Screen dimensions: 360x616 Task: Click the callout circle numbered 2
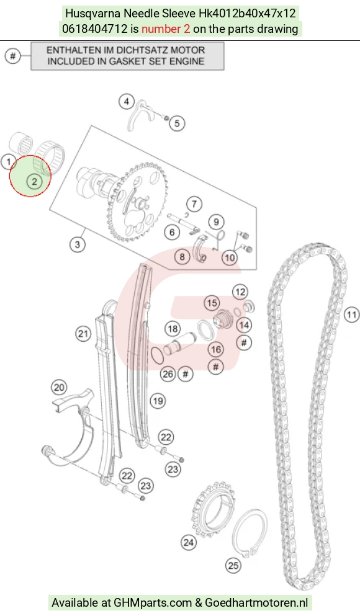35,182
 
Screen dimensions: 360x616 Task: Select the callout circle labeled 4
127,102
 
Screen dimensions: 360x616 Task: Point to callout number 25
233,565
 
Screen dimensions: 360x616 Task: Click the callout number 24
188,543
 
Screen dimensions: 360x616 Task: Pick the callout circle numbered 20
59,388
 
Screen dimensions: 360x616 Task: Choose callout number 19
158,401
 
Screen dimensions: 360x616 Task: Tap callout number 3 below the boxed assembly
78,244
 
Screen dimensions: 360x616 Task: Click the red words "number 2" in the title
166,29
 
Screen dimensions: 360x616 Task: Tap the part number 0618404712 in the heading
95,29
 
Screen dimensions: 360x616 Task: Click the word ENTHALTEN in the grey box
70,50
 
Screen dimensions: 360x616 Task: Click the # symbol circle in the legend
13,56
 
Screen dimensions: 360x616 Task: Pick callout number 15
212,303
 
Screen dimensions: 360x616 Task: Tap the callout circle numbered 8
182,257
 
